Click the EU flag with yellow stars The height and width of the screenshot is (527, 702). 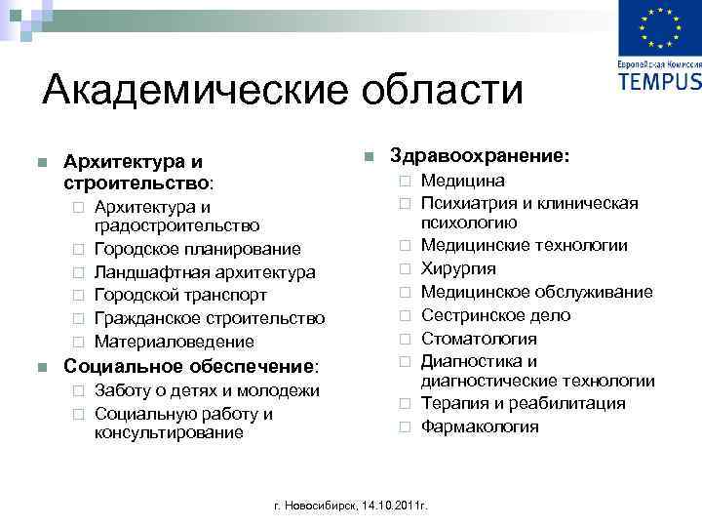660,28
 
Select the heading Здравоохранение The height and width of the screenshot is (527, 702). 480,155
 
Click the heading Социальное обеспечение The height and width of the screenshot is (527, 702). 190,367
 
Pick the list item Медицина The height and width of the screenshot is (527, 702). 463,181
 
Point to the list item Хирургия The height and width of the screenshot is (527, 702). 458,268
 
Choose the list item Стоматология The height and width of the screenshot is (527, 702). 479,339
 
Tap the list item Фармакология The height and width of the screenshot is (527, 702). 480,426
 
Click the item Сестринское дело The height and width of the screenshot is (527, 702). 495,315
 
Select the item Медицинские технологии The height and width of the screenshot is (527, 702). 525,245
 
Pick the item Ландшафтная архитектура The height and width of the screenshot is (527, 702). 205,272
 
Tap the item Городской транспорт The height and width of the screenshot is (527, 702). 180,295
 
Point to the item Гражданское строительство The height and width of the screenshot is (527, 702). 210,318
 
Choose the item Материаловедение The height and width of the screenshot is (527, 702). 174,342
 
